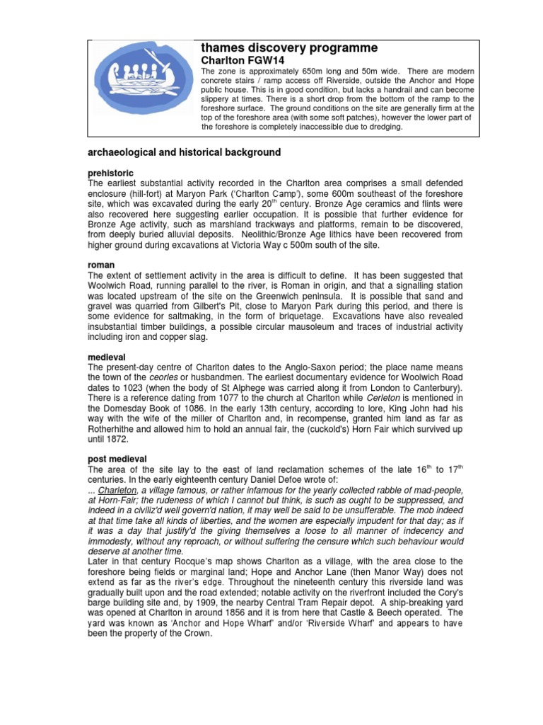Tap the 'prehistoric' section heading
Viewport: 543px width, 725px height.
click(x=110, y=173)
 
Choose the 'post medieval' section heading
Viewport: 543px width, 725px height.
click(x=117, y=459)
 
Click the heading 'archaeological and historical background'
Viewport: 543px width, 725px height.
click(x=183, y=152)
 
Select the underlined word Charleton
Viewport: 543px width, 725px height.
click(x=119, y=491)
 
